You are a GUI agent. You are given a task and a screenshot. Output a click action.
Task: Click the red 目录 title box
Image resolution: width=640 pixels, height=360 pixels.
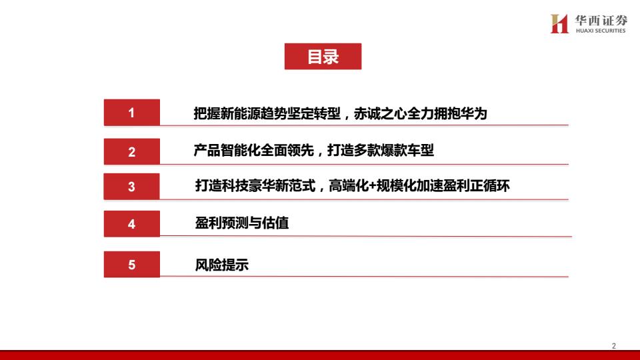coord(323,56)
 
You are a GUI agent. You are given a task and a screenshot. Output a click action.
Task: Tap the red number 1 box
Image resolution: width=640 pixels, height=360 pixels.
coord(132,112)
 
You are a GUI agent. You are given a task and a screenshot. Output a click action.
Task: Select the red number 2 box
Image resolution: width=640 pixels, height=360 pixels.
coord(132,151)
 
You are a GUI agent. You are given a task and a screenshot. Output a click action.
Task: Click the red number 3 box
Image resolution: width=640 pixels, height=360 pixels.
coord(132,187)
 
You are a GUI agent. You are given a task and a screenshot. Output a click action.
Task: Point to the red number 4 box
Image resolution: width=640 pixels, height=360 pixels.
coord(132,224)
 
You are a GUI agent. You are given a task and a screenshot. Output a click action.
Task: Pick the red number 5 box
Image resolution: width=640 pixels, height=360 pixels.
coord(132,265)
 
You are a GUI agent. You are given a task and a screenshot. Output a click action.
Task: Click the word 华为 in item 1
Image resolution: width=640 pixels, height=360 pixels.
coord(474,113)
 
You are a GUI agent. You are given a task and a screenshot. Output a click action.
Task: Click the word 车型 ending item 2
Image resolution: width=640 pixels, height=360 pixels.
coord(421,150)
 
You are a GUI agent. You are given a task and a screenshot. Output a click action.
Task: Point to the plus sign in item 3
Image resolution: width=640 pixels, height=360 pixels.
coord(372,186)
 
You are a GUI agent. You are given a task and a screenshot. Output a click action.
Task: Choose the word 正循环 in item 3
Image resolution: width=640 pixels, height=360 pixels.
coord(490,186)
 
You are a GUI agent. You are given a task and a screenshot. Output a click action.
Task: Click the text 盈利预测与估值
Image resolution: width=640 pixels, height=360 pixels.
coord(241,223)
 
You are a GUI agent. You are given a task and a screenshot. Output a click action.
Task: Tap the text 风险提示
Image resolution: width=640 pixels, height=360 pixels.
coord(221,265)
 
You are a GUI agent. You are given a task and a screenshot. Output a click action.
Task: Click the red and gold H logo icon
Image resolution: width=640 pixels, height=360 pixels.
coord(559,24)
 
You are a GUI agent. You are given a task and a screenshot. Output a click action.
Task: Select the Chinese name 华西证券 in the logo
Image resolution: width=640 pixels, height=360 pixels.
coord(601,20)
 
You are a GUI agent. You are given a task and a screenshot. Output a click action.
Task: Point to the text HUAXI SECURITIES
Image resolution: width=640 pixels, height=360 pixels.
coord(601,31)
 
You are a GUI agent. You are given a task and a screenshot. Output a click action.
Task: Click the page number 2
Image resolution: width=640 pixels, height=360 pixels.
coord(613,346)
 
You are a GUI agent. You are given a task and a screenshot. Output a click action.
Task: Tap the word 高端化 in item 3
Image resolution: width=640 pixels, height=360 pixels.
coord(349,186)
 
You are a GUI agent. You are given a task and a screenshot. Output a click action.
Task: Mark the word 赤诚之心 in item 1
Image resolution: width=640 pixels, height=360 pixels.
coord(380,113)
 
